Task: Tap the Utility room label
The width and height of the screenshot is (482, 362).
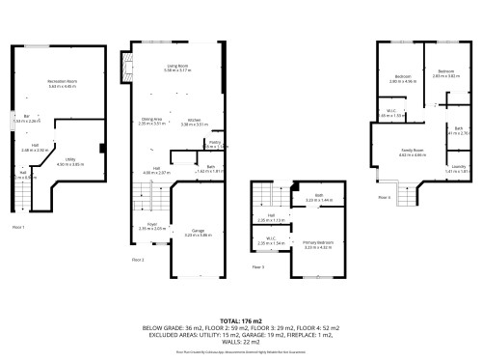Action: [x=70, y=160]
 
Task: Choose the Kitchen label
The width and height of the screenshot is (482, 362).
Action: [x=189, y=122]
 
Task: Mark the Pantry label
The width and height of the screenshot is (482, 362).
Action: [x=214, y=143]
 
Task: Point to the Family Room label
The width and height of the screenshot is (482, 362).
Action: [x=415, y=152]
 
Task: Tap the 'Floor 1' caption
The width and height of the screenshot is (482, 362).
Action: [x=17, y=226]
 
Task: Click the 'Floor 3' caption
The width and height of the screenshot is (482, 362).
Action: [x=258, y=266]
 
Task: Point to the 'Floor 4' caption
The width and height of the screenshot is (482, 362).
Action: [x=384, y=197]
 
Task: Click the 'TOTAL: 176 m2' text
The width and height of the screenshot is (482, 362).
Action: [x=241, y=320]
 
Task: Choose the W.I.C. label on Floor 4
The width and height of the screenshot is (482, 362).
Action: [x=392, y=113]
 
